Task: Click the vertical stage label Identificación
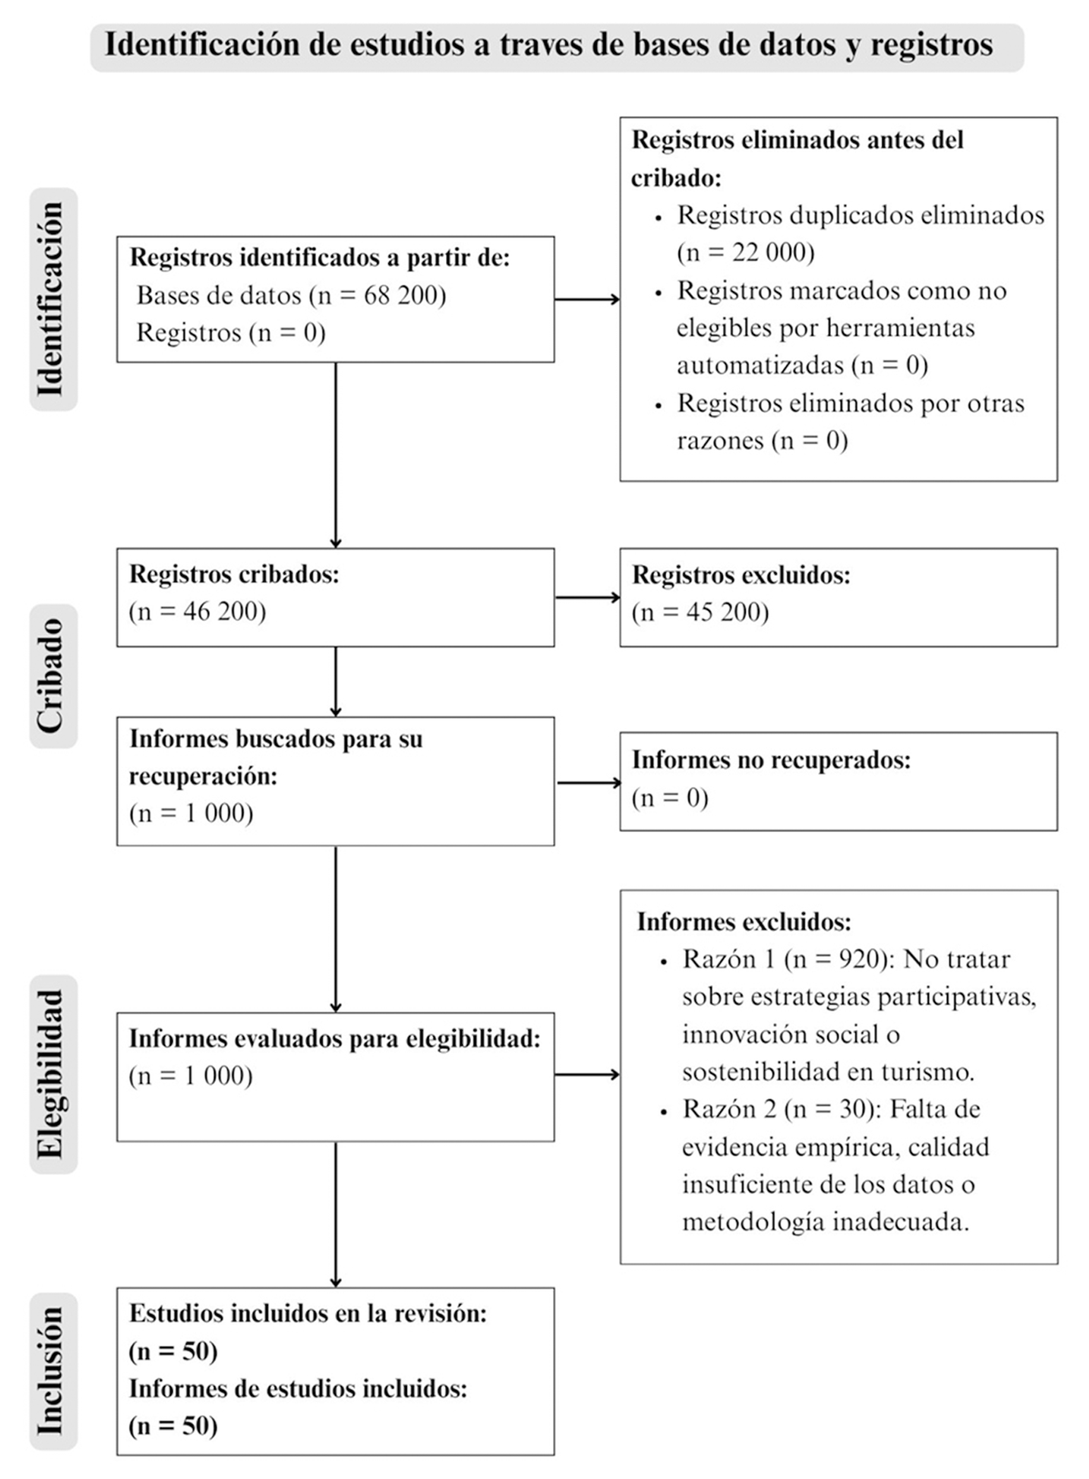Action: coord(51,300)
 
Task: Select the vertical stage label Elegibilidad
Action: coord(51,1074)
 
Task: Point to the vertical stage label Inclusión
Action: coord(51,1371)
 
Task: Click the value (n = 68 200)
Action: coord(378,295)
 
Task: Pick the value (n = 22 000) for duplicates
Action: coord(746,252)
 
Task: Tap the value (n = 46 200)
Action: coord(197,611)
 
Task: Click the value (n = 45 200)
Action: coord(700,612)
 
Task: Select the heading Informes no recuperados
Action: coord(771,760)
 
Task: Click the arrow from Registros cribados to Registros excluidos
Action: coord(588,598)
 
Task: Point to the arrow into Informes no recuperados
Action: coord(589,783)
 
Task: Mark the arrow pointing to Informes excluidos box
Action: coord(588,1074)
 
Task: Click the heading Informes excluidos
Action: coord(744,922)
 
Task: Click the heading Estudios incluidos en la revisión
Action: coord(308,1313)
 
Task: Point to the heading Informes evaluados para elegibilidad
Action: coord(334,1038)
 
